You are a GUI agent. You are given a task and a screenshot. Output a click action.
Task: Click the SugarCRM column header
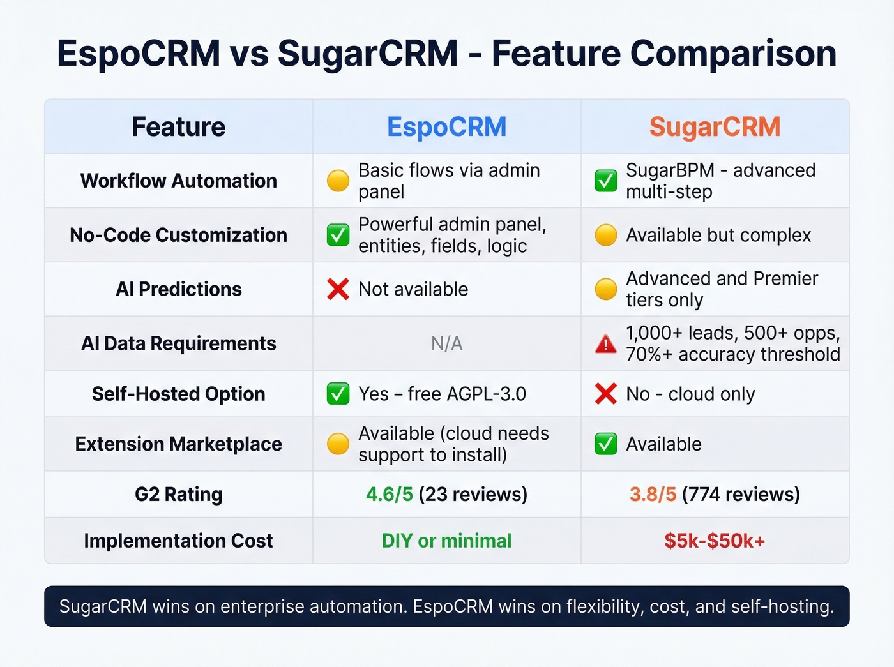pyautogui.click(x=715, y=127)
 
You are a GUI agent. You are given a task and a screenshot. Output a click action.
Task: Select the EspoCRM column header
pyautogui.click(x=446, y=127)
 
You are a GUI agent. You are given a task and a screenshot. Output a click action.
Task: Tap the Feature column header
pyautogui.click(x=178, y=127)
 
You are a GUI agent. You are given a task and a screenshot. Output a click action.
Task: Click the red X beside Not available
pyautogui.click(x=338, y=289)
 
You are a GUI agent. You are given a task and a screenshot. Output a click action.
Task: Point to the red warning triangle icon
pyautogui.click(x=605, y=345)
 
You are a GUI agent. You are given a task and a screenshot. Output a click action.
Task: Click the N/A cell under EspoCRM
pyautogui.click(x=446, y=344)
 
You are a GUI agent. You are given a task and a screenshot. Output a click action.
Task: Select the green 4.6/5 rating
pyautogui.click(x=390, y=495)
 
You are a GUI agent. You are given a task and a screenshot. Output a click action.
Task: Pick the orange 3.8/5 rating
pyautogui.click(x=653, y=495)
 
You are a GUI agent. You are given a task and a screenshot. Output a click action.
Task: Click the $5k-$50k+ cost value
pyautogui.click(x=715, y=541)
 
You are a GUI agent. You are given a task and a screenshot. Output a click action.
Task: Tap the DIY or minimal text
pyautogui.click(x=446, y=541)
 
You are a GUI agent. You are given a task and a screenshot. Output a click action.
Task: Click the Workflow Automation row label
pyautogui.click(x=178, y=181)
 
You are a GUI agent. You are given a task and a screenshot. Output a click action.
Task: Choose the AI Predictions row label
pyautogui.click(x=178, y=289)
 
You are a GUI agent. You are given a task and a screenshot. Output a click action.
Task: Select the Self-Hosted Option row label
pyautogui.click(x=178, y=394)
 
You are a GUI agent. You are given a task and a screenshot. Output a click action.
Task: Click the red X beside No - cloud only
pyautogui.click(x=605, y=394)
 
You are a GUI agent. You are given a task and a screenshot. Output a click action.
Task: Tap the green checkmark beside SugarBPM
pyautogui.click(x=605, y=181)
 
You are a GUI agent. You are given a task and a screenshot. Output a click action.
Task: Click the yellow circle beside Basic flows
pyautogui.click(x=338, y=181)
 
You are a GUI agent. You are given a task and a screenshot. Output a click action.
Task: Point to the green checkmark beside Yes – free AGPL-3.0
pyautogui.click(x=338, y=394)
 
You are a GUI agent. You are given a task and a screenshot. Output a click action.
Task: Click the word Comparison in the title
pyautogui.click(x=733, y=54)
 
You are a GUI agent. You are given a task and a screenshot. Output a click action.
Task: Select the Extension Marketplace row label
pyautogui.click(x=178, y=444)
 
